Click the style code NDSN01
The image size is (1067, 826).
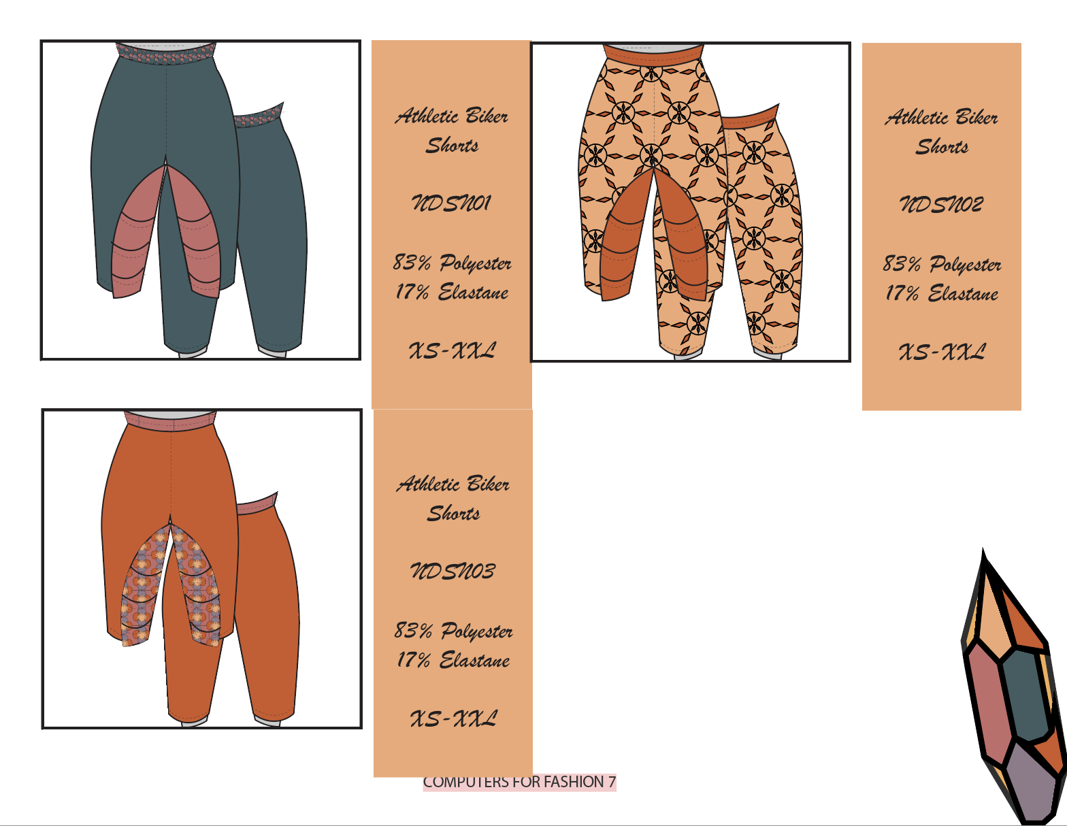450,203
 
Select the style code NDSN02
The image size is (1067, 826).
941,204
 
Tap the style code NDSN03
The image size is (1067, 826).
453,571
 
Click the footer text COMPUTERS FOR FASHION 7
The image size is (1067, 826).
519,782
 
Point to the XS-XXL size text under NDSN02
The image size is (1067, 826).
942,352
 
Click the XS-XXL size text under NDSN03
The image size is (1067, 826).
453,719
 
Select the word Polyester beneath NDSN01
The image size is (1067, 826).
475,263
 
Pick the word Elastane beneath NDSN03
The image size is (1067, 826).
474,660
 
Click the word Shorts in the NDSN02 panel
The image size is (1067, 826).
942,146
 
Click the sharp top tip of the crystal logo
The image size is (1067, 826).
983,548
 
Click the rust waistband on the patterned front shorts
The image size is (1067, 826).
653,54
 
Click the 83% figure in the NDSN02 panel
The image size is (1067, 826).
902,263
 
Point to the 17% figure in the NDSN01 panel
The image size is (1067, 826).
412,292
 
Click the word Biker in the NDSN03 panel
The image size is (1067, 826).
488,484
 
